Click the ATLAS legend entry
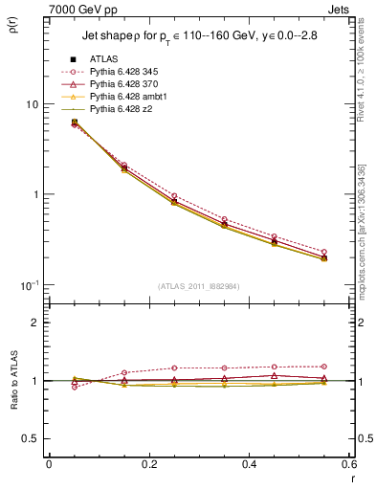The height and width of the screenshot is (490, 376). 104,59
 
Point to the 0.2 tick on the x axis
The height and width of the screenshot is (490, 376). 148,465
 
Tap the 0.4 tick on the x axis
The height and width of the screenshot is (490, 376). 249,465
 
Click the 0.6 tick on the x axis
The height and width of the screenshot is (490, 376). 348,465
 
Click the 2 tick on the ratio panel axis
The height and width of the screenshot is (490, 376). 34,323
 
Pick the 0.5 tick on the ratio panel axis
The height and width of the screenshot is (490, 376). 31,438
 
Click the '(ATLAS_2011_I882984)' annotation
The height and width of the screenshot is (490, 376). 198,286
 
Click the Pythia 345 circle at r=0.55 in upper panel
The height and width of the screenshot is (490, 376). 323,252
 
